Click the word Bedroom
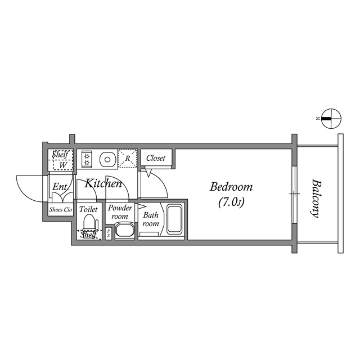pyautogui.click(x=231, y=187)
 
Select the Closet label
pyautogui.click(x=156, y=159)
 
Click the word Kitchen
pyautogui.click(x=103, y=183)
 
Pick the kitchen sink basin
pyautogui.click(x=107, y=160)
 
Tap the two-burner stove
pyautogui.click(x=87, y=159)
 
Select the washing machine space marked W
pyautogui.click(x=61, y=165)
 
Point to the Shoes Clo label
pyautogui.click(x=61, y=210)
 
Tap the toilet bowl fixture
pyautogui.click(x=89, y=224)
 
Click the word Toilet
pyautogui.click(x=88, y=209)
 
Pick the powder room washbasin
pyautogui.click(x=124, y=230)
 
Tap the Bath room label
pyautogui.click(x=150, y=219)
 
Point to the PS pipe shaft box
pyautogui.click(x=108, y=234)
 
